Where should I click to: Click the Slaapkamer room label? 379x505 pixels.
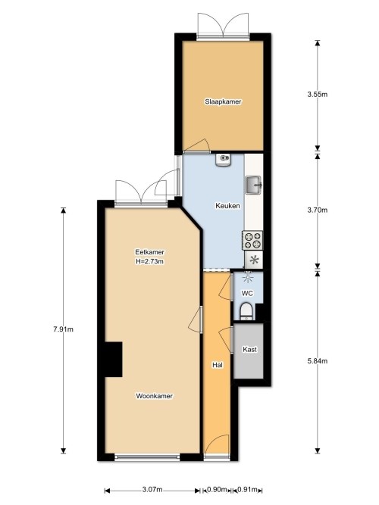pyautogui.click(x=223, y=101)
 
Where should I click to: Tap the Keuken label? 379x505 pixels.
pyautogui.click(x=228, y=205)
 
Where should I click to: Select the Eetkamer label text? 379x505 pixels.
pyautogui.click(x=149, y=252)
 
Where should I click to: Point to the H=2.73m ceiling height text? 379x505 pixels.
pyautogui.click(x=149, y=262)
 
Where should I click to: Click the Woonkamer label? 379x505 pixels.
pyautogui.click(x=154, y=396)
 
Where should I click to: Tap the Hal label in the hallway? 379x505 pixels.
pyautogui.click(x=217, y=365)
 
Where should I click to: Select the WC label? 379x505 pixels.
pyautogui.click(x=247, y=293)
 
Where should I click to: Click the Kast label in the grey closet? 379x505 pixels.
pyautogui.click(x=249, y=350)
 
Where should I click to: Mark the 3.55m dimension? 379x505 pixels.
pyautogui.click(x=317, y=95)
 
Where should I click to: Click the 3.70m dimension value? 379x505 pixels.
pyautogui.click(x=317, y=210)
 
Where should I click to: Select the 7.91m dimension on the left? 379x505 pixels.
pyautogui.click(x=64, y=329)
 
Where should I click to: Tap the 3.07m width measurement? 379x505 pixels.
pyautogui.click(x=152, y=488)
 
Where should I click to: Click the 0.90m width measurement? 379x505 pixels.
pyautogui.click(x=216, y=488)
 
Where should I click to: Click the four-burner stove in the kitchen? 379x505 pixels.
pyautogui.click(x=252, y=241)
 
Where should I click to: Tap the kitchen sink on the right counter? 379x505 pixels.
pyautogui.click(x=252, y=183)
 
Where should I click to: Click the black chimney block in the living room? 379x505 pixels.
pyautogui.click(x=113, y=359)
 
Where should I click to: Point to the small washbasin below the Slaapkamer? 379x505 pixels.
pyautogui.click(x=223, y=159)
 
